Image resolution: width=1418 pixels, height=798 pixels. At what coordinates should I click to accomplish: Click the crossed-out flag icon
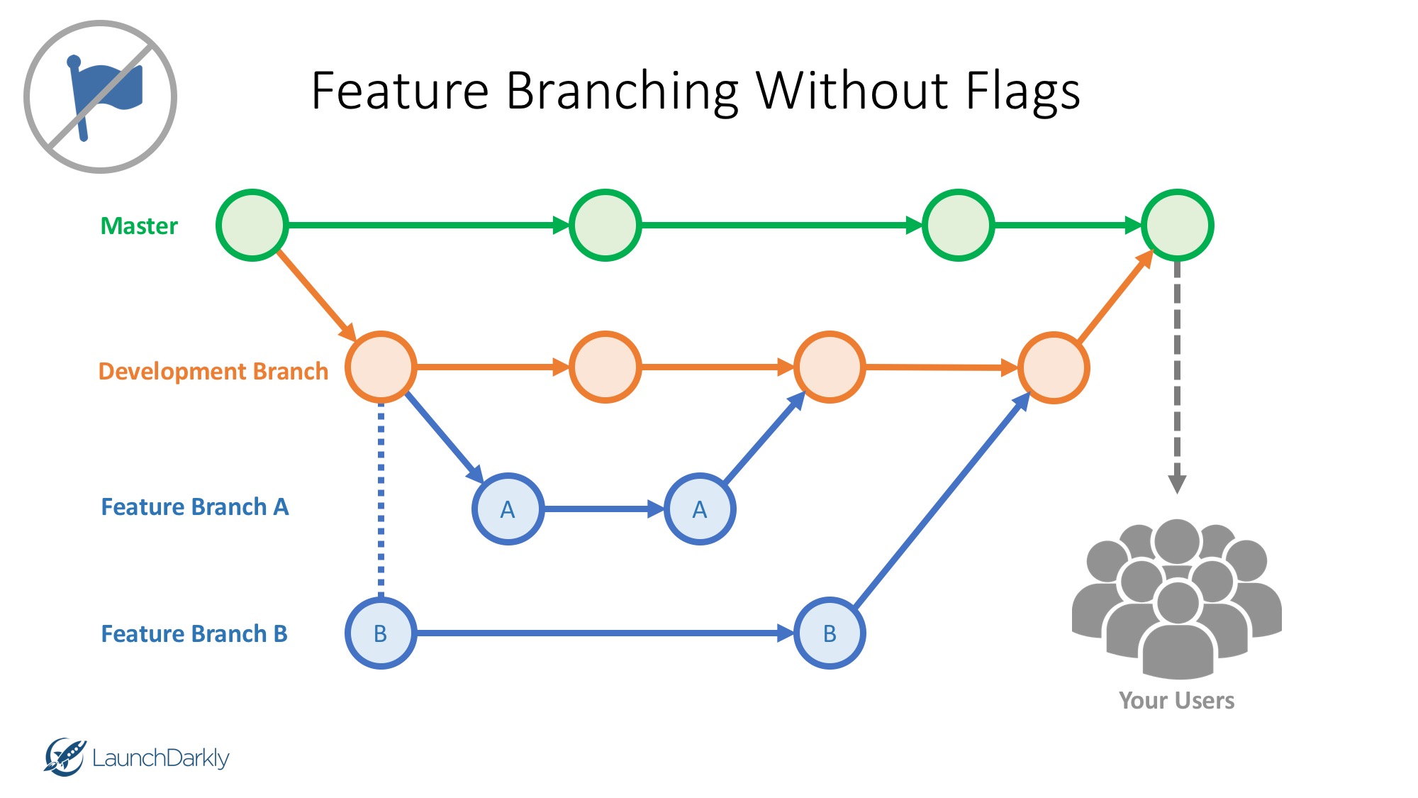click(x=100, y=96)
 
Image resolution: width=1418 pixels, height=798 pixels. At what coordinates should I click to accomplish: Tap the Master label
click(x=139, y=226)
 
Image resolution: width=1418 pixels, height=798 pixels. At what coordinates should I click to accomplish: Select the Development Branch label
click(x=213, y=371)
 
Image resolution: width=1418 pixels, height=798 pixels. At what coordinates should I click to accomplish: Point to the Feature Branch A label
click(x=195, y=507)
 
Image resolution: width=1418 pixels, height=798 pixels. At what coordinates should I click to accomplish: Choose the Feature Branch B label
click(x=194, y=633)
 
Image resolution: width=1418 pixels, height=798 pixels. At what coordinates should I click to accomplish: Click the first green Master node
click(x=252, y=226)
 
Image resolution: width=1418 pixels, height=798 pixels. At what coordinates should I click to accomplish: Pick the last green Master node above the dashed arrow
click(x=1177, y=226)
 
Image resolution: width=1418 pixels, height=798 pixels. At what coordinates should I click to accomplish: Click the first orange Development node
click(x=381, y=367)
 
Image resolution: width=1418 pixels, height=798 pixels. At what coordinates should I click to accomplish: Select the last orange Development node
click(x=1054, y=368)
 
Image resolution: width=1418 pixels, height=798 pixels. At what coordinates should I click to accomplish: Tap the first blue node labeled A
click(x=508, y=509)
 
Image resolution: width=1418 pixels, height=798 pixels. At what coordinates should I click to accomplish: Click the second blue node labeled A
click(x=700, y=509)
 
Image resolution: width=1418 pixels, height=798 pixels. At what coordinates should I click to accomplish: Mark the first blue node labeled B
click(x=381, y=633)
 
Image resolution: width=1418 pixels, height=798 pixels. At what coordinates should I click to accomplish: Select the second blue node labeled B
click(x=830, y=633)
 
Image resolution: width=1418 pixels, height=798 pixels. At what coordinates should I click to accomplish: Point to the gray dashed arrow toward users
click(x=1177, y=376)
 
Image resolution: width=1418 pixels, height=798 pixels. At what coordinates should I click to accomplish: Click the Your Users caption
click(x=1176, y=701)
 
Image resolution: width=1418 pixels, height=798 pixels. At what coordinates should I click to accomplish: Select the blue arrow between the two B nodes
click(x=603, y=633)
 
